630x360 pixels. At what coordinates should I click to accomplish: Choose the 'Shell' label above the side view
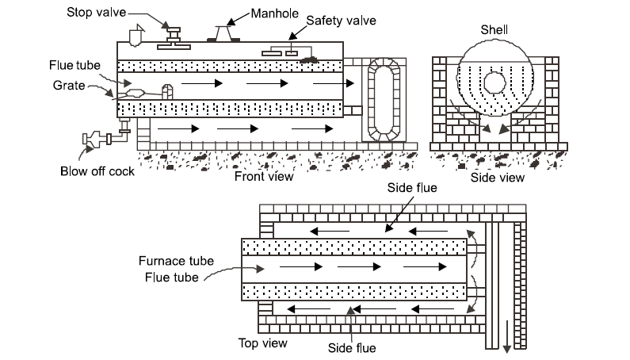tap(495, 29)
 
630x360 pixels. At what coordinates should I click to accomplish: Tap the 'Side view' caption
tap(498, 178)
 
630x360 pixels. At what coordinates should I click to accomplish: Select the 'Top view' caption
tap(263, 343)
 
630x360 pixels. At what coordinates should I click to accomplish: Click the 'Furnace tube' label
tap(172, 261)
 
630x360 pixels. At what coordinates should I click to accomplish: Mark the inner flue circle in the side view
tap(496, 84)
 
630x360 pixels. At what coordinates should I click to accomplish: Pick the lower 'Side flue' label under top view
tap(353, 347)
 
